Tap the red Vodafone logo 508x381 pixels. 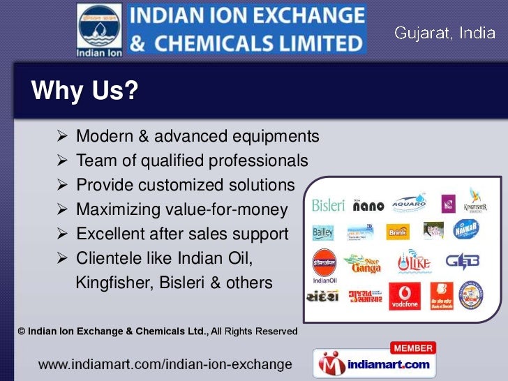[405, 295]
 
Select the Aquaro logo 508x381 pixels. [408, 202]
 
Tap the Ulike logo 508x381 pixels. [414, 263]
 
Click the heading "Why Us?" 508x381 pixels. [84, 91]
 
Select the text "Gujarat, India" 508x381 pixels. [444, 33]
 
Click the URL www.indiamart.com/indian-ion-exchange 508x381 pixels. [164, 364]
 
